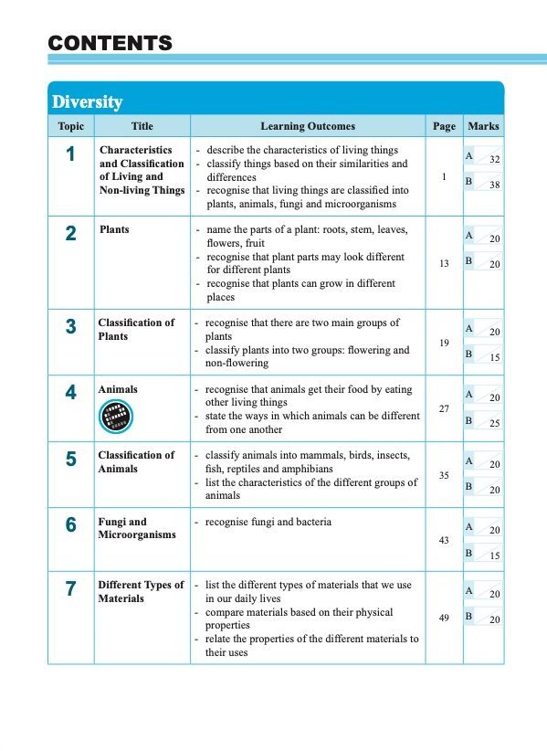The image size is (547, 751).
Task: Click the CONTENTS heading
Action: coord(110,42)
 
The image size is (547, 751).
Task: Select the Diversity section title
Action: coord(88,101)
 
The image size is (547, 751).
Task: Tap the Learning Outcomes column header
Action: coord(308,126)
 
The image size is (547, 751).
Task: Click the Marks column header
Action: coord(482,126)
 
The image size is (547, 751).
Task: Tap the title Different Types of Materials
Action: coord(141,591)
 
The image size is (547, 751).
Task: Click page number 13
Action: coord(443,263)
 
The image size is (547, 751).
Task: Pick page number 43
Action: coord(443,541)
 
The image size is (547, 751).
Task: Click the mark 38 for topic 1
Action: coord(494,185)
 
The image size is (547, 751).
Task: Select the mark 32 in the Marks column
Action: coord(494,159)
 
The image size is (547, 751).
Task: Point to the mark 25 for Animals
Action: coord(494,424)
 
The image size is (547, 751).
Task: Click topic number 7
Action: coord(70,589)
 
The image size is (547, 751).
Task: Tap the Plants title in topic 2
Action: coord(114,229)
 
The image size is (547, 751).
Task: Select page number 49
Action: coord(443,619)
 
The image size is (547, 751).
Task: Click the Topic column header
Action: coord(70,126)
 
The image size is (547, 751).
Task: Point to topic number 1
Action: coord(70,154)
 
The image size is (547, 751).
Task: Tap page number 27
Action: coord(443,408)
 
